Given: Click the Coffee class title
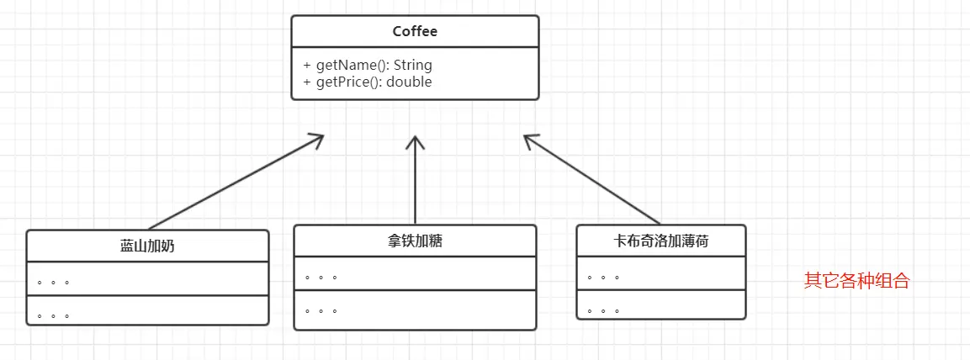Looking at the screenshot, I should [x=415, y=32].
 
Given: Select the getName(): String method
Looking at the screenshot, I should [x=368, y=65].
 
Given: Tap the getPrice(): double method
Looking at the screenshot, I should [x=368, y=82].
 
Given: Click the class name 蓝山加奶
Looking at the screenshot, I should [x=147, y=246].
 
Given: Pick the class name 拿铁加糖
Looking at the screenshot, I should [x=415, y=241].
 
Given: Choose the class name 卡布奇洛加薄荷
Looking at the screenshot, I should [x=661, y=241].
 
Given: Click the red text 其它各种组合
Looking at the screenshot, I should [x=856, y=281].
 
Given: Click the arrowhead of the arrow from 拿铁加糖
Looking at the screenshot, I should [x=415, y=140].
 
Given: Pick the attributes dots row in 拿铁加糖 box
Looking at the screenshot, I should [x=321, y=276].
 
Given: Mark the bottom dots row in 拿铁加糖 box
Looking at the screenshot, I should [x=321, y=310].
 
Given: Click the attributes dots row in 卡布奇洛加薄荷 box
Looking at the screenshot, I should [x=603, y=276].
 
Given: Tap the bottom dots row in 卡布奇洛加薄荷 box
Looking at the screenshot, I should [x=603, y=310].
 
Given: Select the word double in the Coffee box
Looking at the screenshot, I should [x=410, y=82].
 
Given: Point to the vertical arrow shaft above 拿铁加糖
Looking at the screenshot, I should [x=415, y=185].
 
